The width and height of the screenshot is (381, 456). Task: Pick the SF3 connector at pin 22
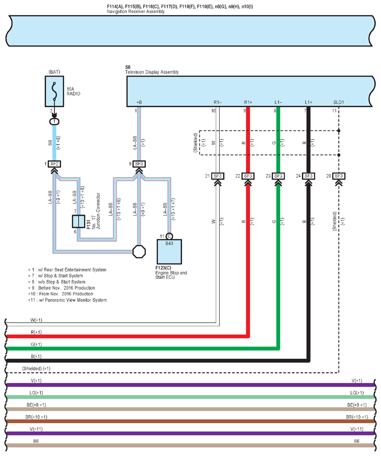(248, 176)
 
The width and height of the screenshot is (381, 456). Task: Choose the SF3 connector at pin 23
(278, 176)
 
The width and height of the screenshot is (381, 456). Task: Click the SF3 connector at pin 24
(308, 176)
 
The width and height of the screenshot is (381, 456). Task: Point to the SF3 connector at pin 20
(339, 176)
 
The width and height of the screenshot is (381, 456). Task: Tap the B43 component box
(169, 251)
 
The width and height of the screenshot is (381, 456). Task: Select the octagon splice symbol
(139, 252)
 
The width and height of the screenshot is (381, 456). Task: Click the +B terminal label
(138, 102)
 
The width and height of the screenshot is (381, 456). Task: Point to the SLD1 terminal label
(339, 102)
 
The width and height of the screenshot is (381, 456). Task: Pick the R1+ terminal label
(248, 102)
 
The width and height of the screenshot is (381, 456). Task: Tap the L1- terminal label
(278, 102)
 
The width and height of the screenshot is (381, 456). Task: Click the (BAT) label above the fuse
(54, 72)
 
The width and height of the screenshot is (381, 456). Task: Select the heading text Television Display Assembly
(151, 72)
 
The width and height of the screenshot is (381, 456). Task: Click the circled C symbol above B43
(169, 236)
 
